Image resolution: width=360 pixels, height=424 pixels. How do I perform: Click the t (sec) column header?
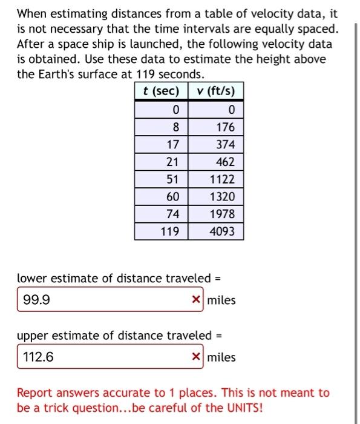click(161, 91)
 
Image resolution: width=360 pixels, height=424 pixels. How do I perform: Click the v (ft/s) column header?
click(215, 91)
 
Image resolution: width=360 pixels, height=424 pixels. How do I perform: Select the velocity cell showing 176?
click(215, 127)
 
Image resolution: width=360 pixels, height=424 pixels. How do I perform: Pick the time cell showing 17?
click(161, 145)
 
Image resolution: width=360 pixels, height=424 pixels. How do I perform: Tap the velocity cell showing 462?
click(215, 162)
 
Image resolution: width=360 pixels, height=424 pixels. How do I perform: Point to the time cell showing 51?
click(161, 179)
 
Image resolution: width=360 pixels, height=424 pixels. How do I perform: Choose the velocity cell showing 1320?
click(215, 197)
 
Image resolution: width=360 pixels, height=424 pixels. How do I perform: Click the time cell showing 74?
click(161, 214)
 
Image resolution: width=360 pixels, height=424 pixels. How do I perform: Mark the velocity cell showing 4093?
click(215, 231)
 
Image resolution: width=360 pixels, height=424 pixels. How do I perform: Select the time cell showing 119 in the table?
click(161, 231)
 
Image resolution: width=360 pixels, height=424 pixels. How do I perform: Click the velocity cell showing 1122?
click(215, 179)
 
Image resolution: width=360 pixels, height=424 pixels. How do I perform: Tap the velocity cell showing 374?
click(215, 145)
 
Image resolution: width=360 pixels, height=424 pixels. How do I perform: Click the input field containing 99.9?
click(103, 300)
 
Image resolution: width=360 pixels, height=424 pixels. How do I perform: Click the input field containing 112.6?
click(103, 357)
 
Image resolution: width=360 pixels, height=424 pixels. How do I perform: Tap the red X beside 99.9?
click(196, 300)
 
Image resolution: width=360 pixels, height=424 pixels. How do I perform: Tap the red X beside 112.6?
click(196, 357)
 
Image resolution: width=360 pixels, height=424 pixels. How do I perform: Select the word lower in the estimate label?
click(31, 279)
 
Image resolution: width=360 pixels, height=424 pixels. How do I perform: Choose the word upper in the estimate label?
click(33, 336)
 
